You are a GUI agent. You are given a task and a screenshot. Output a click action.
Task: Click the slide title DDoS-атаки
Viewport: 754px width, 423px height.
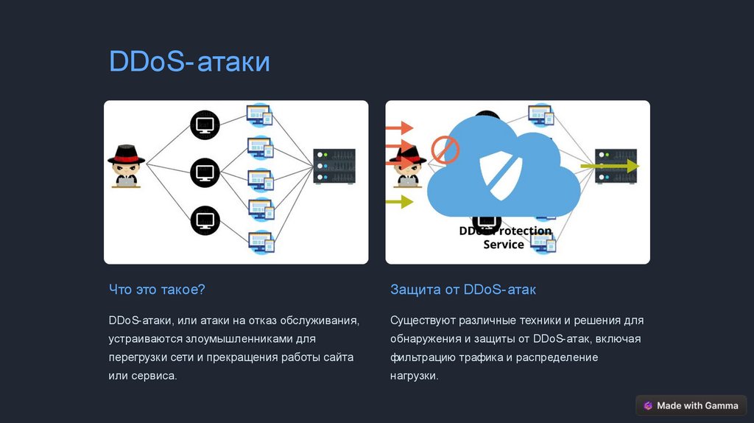189,62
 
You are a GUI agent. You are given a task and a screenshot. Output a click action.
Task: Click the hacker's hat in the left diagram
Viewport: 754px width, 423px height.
126,154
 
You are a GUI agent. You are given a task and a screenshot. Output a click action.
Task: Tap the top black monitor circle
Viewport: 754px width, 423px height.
205,124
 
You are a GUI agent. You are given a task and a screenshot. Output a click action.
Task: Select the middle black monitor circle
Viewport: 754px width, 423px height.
205,172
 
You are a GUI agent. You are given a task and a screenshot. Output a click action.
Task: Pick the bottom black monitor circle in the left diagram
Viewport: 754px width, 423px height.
205,220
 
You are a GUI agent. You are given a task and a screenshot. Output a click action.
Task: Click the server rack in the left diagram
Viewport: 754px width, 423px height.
334,167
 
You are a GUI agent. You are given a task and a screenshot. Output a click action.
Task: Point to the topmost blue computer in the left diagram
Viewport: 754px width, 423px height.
259,115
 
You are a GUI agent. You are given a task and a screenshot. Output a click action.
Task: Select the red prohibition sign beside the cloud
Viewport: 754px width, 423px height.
445,150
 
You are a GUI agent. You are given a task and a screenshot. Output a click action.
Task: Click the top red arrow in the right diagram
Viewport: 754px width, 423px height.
399,127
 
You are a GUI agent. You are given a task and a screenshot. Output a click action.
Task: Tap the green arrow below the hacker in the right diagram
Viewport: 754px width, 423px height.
399,201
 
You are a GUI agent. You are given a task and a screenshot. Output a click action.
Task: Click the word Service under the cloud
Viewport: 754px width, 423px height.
504,245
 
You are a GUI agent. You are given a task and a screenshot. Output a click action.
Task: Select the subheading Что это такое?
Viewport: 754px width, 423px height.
156,290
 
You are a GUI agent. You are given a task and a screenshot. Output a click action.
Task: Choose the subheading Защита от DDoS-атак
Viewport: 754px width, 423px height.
463,290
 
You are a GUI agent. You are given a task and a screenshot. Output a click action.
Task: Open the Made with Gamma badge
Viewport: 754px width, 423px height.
691,405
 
